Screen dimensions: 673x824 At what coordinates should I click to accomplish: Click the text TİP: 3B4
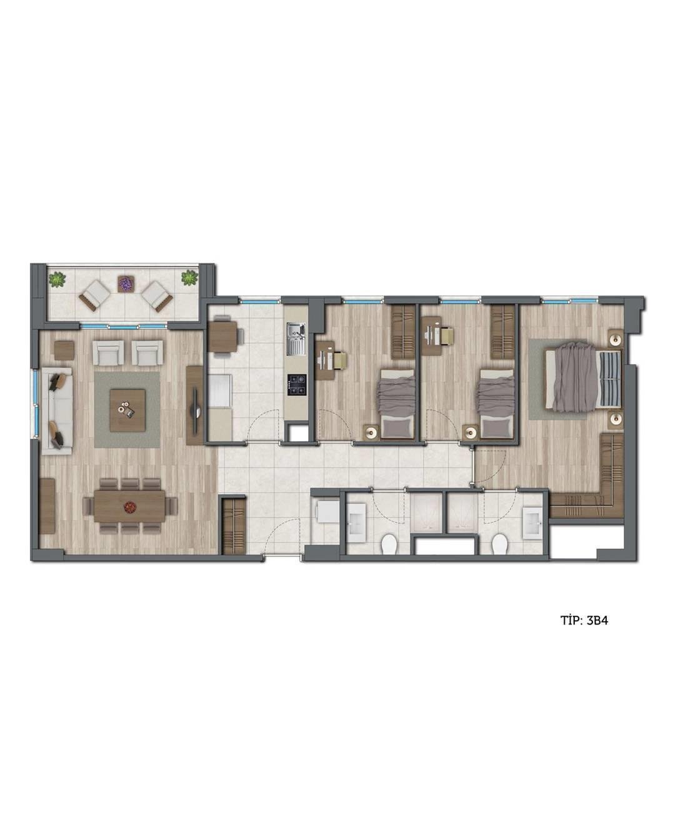click(x=584, y=632)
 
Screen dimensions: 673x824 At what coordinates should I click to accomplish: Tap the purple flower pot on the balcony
click(x=126, y=283)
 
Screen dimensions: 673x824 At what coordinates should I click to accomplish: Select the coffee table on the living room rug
click(x=127, y=410)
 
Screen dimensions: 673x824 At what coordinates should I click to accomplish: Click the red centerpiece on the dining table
click(x=129, y=508)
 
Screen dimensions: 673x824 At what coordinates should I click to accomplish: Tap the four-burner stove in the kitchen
click(x=297, y=384)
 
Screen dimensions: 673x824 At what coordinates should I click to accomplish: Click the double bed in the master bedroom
click(x=582, y=377)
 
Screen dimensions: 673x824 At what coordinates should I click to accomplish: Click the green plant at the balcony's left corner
click(x=57, y=279)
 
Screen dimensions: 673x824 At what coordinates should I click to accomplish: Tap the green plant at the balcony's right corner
click(x=189, y=278)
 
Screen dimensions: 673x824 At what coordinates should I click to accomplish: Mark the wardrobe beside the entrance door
click(x=234, y=526)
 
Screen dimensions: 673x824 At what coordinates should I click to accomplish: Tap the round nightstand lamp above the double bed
click(x=616, y=338)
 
